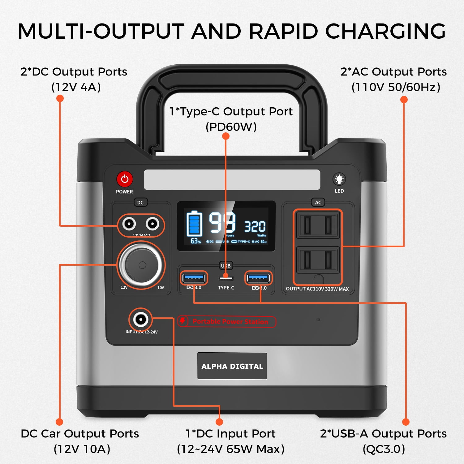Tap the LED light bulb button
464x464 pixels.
339,179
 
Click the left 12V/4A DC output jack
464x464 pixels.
129,224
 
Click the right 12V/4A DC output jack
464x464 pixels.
152,224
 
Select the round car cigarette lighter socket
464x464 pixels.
141,265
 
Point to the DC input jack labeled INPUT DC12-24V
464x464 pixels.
141,319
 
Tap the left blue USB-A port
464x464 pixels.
194,278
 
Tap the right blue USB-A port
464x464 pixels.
258,278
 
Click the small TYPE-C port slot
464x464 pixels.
226,277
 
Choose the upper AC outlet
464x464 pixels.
318,225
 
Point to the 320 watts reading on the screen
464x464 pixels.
255,227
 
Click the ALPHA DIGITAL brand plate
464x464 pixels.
232,366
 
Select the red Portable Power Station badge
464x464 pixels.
227,321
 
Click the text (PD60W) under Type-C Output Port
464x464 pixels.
231,127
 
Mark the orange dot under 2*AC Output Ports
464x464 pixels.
404,100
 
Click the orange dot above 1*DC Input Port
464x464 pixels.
219,422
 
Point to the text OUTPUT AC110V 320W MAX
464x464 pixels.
317,289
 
